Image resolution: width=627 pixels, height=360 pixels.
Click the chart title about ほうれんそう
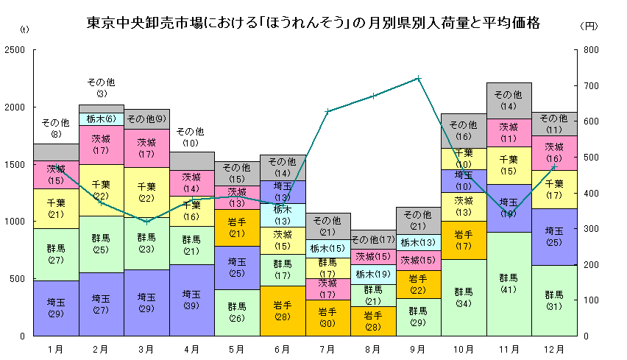(x=313, y=24)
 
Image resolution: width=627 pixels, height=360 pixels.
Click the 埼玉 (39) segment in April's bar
(x=192, y=300)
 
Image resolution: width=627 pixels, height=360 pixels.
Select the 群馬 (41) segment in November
(x=509, y=283)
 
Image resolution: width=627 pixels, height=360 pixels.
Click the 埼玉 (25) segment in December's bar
(x=554, y=236)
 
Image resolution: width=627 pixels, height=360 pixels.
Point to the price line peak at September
(x=418, y=78)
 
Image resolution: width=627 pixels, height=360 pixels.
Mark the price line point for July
(x=327, y=111)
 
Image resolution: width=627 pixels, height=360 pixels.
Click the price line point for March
(x=146, y=222)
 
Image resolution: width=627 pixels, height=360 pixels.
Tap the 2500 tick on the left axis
(x=15, y=50)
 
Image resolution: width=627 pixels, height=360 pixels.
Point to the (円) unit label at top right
(x=589, y=26)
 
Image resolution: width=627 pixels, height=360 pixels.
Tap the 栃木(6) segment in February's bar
(x=101, y=119)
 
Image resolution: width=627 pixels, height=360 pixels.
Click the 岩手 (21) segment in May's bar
(x=237, y=227)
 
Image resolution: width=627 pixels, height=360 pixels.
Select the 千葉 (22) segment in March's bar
(x=146, y=192)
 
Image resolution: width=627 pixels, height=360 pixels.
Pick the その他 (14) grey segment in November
(x=509, y=100)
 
